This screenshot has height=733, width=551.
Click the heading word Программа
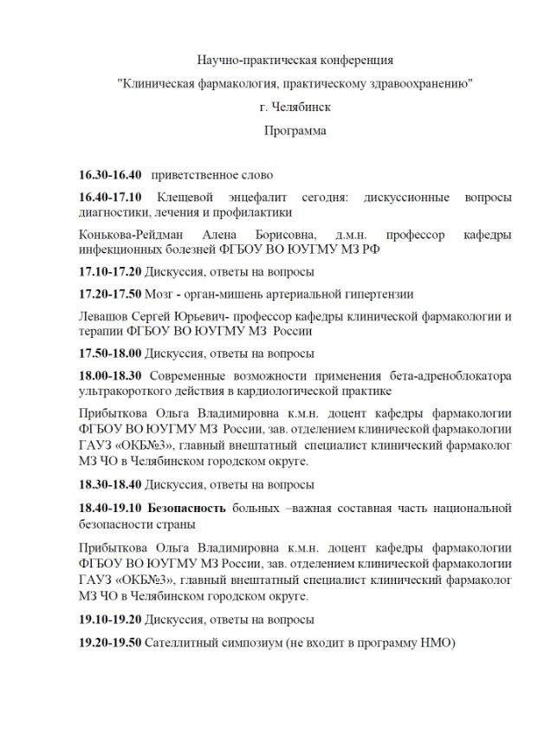(x=295, y=132)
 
